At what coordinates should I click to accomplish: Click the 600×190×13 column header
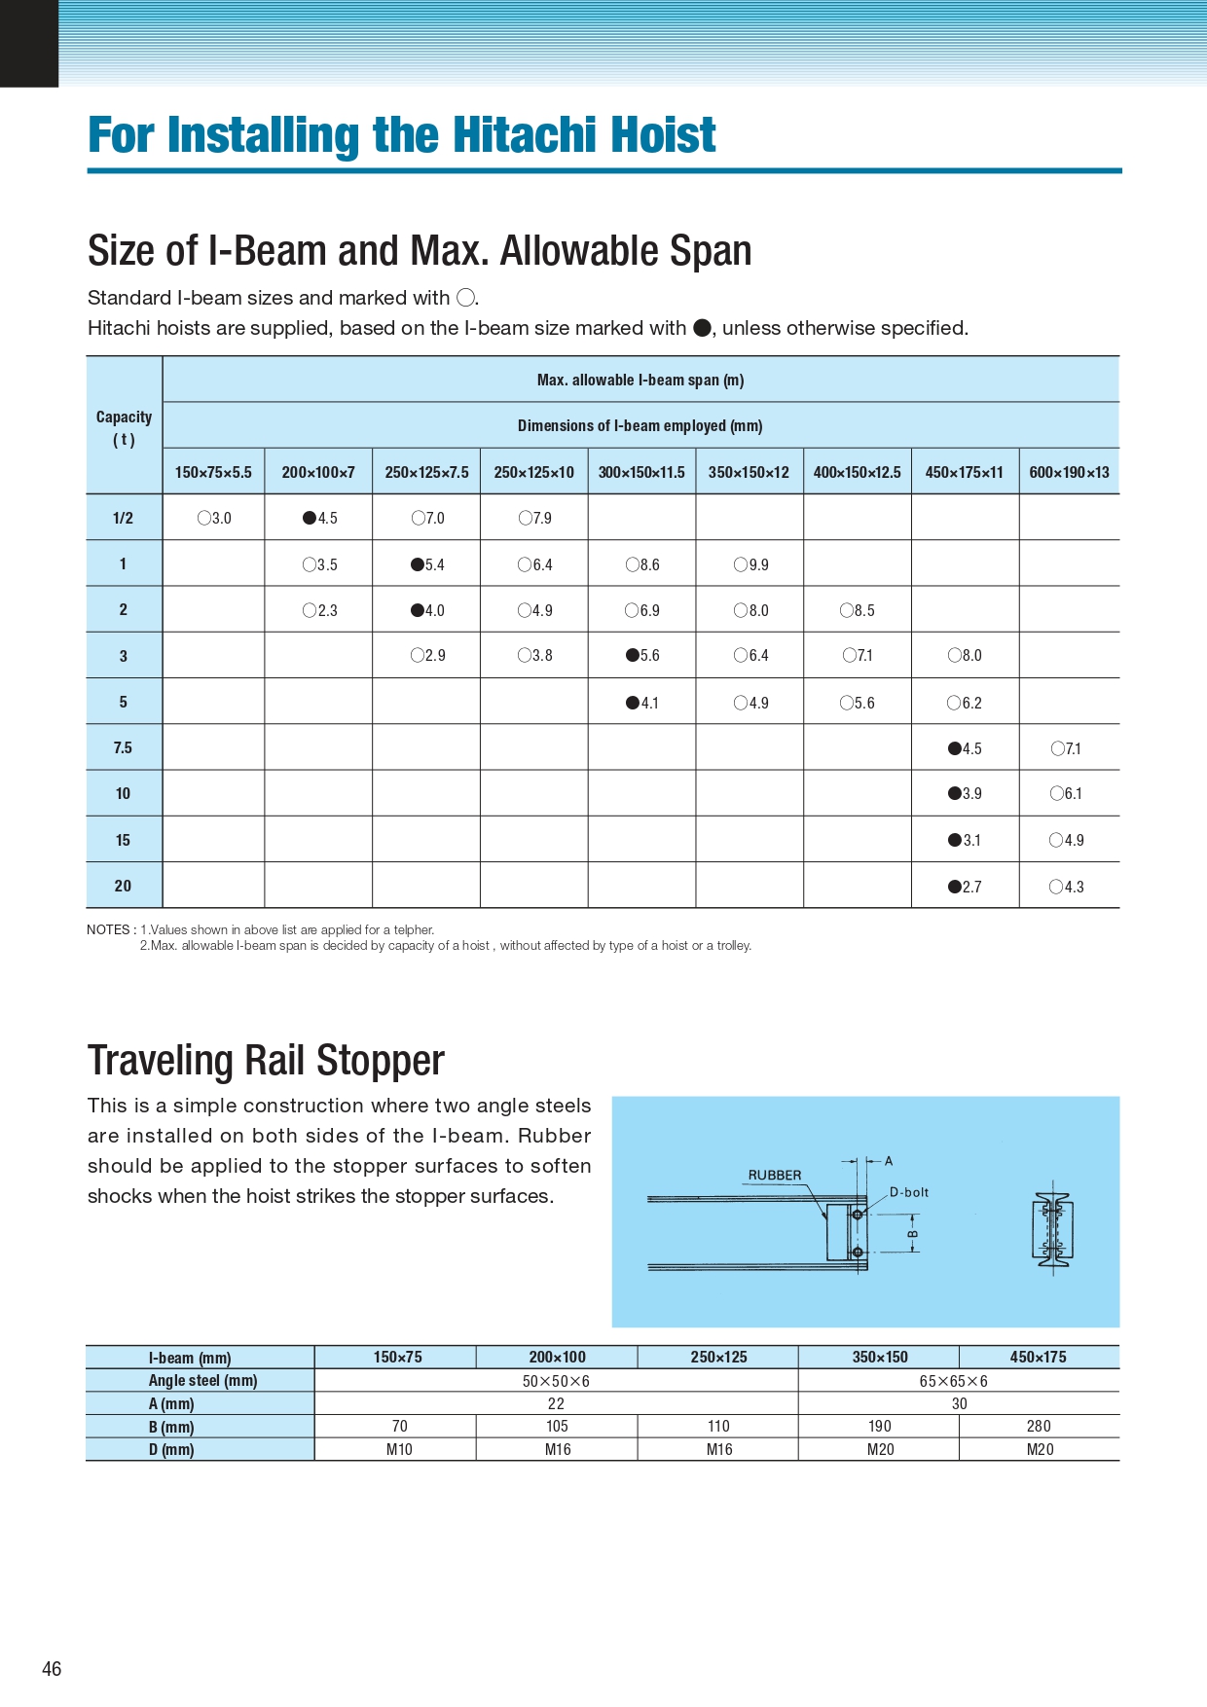pyautogui.click(x=1069, y=472)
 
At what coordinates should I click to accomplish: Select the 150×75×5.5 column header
pyautogui.click(x=213, y=472)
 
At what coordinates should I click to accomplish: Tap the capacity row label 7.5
pyautogui.click(x=123, y=747)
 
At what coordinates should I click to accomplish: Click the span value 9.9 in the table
pyautogui.click(x=751, y=564)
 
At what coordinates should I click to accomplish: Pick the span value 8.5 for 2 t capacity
pyautogui.click(x=858, y=610)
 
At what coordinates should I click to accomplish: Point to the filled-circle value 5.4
pyautogui.click(x=427, y=564)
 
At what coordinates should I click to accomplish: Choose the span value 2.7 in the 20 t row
pyautogui.click(x=965, y=887)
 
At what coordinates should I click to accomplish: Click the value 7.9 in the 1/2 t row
pyautogui.click(x=535, y=518)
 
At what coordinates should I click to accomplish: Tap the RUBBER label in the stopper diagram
pyautogui.click(x=775, y=1175)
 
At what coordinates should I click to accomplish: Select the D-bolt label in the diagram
pyautogui.click(x=909, y=1192)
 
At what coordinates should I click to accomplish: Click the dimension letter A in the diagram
pyautogui.click(x=889, y=1161)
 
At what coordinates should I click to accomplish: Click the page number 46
pyautogui.click(x=52, y=1669)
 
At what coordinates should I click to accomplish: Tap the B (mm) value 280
pyautogui.click(x=1039, y=1426)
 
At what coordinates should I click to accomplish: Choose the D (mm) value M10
pyautogui.click(x=399, y=1449)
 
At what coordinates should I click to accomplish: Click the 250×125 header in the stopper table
pyautogui.click(x=718, y=1357)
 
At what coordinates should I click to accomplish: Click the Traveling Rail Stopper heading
pyautogui.click(x=266, y=1061)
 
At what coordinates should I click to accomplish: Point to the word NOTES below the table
pyautogui.click(x=108, y=929)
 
